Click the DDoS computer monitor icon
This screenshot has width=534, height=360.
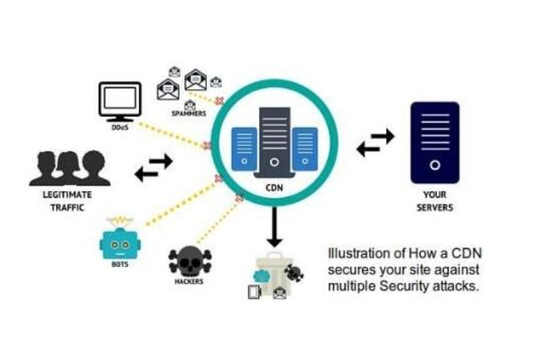[x=120, y=101]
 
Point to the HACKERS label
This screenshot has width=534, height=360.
[x=189, y=281]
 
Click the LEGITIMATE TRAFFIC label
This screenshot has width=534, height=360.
[x=67, y=201]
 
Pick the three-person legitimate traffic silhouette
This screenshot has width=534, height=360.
[x=69, y=169]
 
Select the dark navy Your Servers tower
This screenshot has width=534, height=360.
[x=434, y=143]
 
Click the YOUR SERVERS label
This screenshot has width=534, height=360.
[x=434, y=201]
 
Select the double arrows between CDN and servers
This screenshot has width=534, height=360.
[x=375, y=143]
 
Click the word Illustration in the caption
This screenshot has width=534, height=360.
[x=354, y=254]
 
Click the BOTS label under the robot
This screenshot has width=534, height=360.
[x=118, y=265]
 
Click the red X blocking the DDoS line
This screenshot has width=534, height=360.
[x=207, y=145]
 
